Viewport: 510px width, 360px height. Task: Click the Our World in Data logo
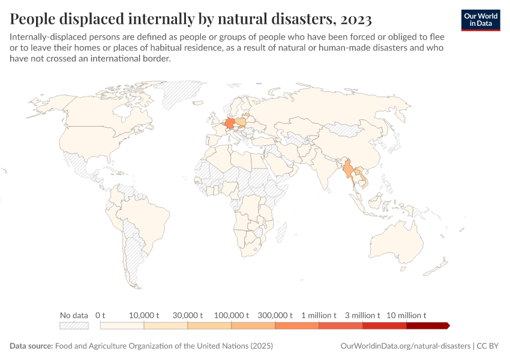click(x=481, y=20)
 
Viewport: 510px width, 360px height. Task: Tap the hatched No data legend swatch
click(x=74, y=326)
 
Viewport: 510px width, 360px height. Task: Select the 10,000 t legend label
click(x=144, y=315)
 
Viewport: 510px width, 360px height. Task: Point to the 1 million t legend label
click(x=319, y=315)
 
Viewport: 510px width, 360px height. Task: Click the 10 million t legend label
click(x=406, y=315)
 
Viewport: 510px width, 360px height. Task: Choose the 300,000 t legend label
click(x=275, y=315)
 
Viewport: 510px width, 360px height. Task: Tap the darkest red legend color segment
click(x=427, y=326)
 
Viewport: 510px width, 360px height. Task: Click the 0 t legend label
click(x=100, y=315)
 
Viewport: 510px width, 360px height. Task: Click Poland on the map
click(x=241, y=122)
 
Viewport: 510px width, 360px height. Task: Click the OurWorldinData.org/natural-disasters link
click(x=405, y=346)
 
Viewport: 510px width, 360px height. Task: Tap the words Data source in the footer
click(x=31, y=346)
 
